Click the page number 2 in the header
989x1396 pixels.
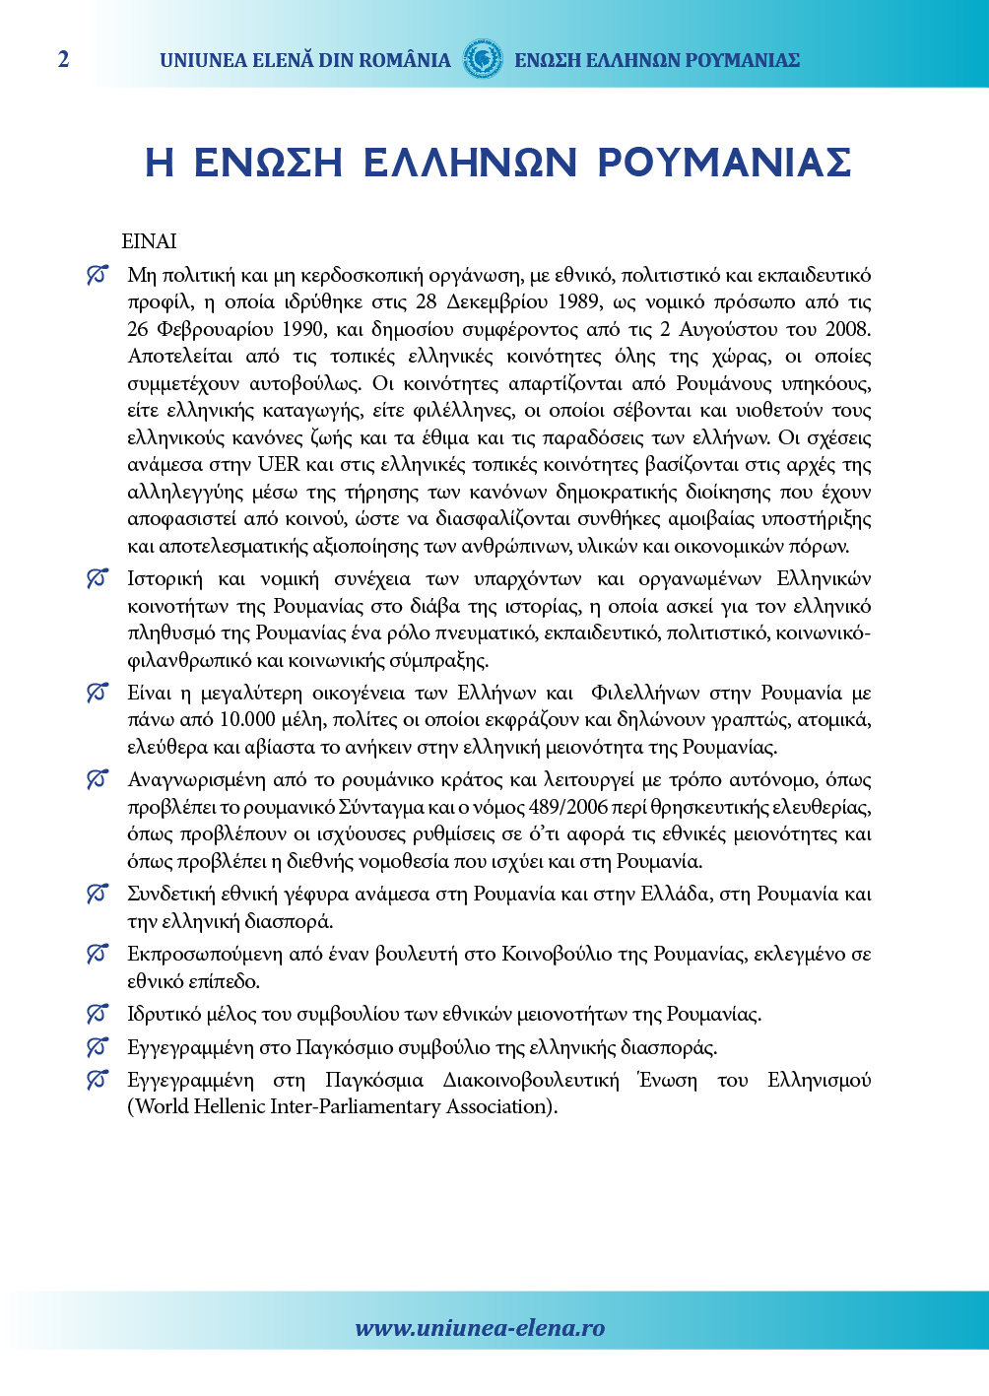coord(64,59)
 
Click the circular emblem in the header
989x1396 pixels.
coord(483,59)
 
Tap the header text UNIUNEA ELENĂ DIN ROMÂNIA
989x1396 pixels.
coord(304,60)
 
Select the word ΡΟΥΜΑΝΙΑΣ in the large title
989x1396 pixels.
coord(724,163)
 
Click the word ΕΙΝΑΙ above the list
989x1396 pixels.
coord(149,241)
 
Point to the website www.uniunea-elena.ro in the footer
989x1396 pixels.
coord(480,1328)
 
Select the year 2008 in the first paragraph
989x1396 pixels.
coord(848,329)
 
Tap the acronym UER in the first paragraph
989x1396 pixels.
coord(280,465)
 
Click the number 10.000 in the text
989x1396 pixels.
coord(248,720)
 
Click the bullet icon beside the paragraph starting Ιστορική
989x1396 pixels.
coord(97,579)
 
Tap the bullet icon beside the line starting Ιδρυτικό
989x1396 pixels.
coord(97,1014)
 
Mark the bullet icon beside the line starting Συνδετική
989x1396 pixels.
coord(97,895)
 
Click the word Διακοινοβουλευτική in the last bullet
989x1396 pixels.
coord(531,1081)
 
